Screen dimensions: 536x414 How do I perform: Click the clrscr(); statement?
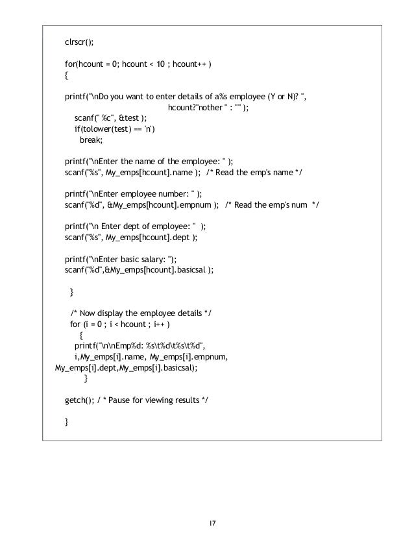(79, 42)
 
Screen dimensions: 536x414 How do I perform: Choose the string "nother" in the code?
(209, 107)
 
